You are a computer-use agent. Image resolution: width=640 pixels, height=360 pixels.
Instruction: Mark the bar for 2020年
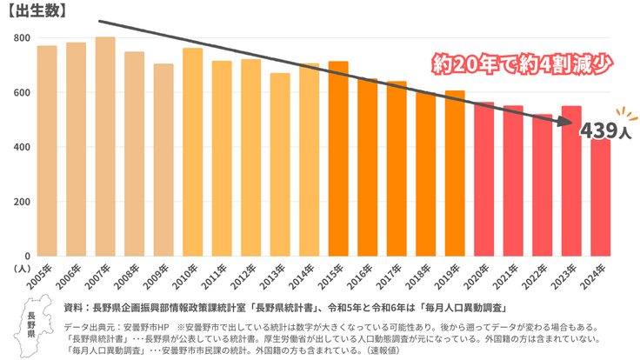[484, 178]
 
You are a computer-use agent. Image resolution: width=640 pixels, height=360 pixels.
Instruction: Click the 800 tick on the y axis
[21, 38]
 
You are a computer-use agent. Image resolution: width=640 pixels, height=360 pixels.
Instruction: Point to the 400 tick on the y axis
[21, 147]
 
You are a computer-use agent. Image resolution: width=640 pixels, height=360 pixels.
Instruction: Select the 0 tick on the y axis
[28, 256]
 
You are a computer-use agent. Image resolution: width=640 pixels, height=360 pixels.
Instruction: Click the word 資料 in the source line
[74, 308]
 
